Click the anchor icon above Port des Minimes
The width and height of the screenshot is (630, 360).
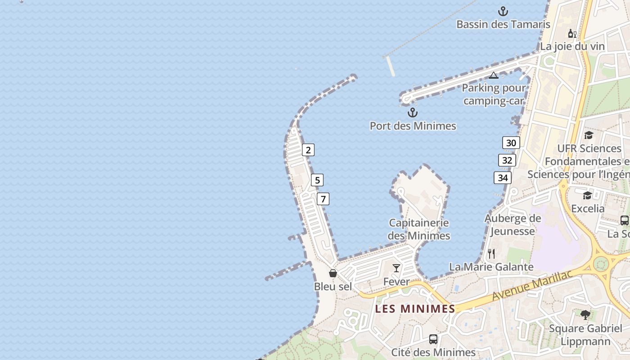[413, 112]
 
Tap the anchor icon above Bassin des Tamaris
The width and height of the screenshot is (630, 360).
[503, 11]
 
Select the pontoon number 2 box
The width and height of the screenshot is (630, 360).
[308, 150]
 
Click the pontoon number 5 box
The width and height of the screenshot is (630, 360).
[317, 180]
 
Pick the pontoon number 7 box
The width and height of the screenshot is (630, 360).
[323, 198]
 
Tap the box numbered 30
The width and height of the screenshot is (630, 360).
[511, 143]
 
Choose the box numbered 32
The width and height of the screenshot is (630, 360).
[507, 160]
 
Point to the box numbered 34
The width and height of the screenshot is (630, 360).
[503, 178]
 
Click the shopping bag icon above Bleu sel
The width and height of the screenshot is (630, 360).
[333, 273]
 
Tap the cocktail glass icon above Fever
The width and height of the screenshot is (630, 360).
[396, 268]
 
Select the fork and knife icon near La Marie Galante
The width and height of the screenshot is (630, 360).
[491, 254]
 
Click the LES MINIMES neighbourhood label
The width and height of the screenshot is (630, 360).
[415, 309]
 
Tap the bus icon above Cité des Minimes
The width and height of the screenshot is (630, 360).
[433, 339]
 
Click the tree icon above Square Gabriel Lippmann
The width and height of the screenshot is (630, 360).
[585, 315]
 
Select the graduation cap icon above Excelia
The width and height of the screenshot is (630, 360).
[588, 195]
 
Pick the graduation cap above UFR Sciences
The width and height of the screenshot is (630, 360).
[589, 135]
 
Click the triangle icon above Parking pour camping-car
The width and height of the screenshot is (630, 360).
[494, 75]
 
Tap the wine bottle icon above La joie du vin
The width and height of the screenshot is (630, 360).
[572, 33]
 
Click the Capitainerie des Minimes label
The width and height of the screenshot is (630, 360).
[419, 229]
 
